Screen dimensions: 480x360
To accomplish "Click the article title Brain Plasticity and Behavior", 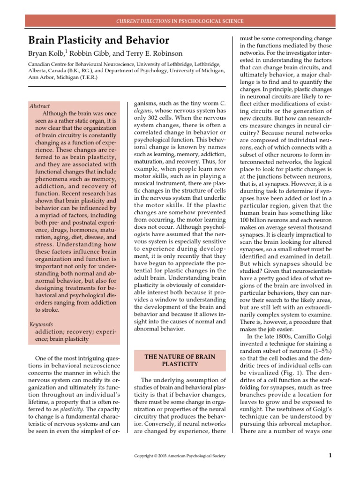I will coord(99,40).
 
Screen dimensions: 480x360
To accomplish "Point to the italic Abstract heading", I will coord(39,106).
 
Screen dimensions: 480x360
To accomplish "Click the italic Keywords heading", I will coord(41,324).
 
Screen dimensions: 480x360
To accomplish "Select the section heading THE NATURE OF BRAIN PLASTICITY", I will coord(180,360).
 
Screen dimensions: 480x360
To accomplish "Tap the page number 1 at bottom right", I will coord(330,455).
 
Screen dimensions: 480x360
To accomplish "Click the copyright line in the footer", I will coord(180,456).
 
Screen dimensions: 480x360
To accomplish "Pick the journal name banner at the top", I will coord(180,21).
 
